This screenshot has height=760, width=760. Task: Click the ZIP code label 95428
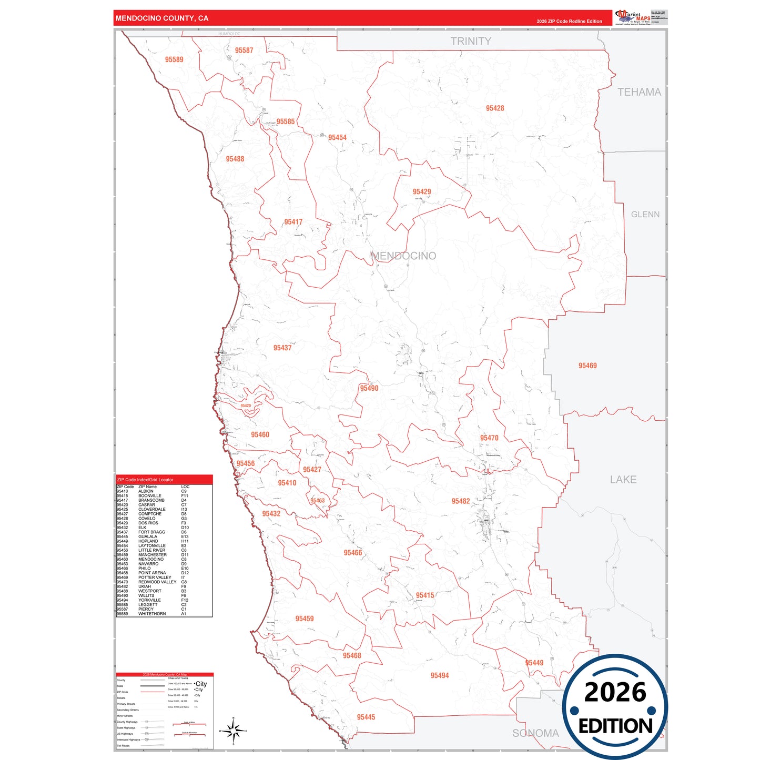coord(494,108)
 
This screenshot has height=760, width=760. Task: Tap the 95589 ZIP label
coord(174,60)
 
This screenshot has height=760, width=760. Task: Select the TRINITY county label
coord(471,42)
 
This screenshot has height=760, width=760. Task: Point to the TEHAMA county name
coord(639,93)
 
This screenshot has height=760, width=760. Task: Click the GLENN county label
coord(645,215)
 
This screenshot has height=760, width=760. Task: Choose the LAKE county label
coord(623,480)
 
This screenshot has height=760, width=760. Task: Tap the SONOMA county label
coord(535,733)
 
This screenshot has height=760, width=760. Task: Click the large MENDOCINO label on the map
coord(403,256)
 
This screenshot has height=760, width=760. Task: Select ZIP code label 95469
coord(587,366)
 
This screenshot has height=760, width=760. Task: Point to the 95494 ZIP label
coord(439,676)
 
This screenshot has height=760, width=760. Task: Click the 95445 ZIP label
coord(366,717)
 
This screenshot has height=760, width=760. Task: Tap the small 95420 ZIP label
coord(246,406)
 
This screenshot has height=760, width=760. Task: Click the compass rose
coord(233,731)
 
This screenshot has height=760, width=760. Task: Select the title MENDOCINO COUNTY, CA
coord(162,18)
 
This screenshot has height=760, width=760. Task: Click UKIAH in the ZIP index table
coord(145,586)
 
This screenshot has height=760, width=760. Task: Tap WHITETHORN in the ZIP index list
coord(152,614)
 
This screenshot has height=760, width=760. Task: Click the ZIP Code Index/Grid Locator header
coord(145,480)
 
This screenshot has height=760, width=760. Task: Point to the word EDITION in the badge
coord(615,726)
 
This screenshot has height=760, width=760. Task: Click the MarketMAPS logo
coord(633,17)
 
